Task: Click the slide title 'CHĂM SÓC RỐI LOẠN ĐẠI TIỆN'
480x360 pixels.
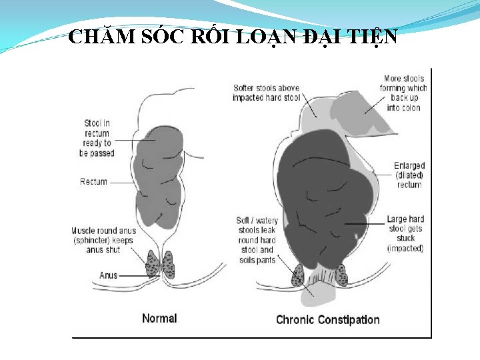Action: coord(233,37)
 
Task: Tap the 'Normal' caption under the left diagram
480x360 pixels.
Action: coord(159,318)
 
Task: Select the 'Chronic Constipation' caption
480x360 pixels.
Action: coord(327,319)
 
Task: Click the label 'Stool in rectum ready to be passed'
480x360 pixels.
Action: coord(97,138)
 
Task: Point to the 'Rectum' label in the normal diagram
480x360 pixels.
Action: coord(93,181)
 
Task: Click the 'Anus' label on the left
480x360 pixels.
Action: coord(109,275)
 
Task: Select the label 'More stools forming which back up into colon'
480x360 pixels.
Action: coord(403,93)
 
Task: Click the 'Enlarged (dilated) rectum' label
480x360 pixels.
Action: coord(409,175)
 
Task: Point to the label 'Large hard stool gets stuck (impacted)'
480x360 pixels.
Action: coord(405,233)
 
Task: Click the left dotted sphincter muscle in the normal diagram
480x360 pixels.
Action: coord(152,264)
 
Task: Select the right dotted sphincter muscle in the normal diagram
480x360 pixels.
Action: coord(169,264)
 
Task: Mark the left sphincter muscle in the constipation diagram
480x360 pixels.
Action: coord(297,275)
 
